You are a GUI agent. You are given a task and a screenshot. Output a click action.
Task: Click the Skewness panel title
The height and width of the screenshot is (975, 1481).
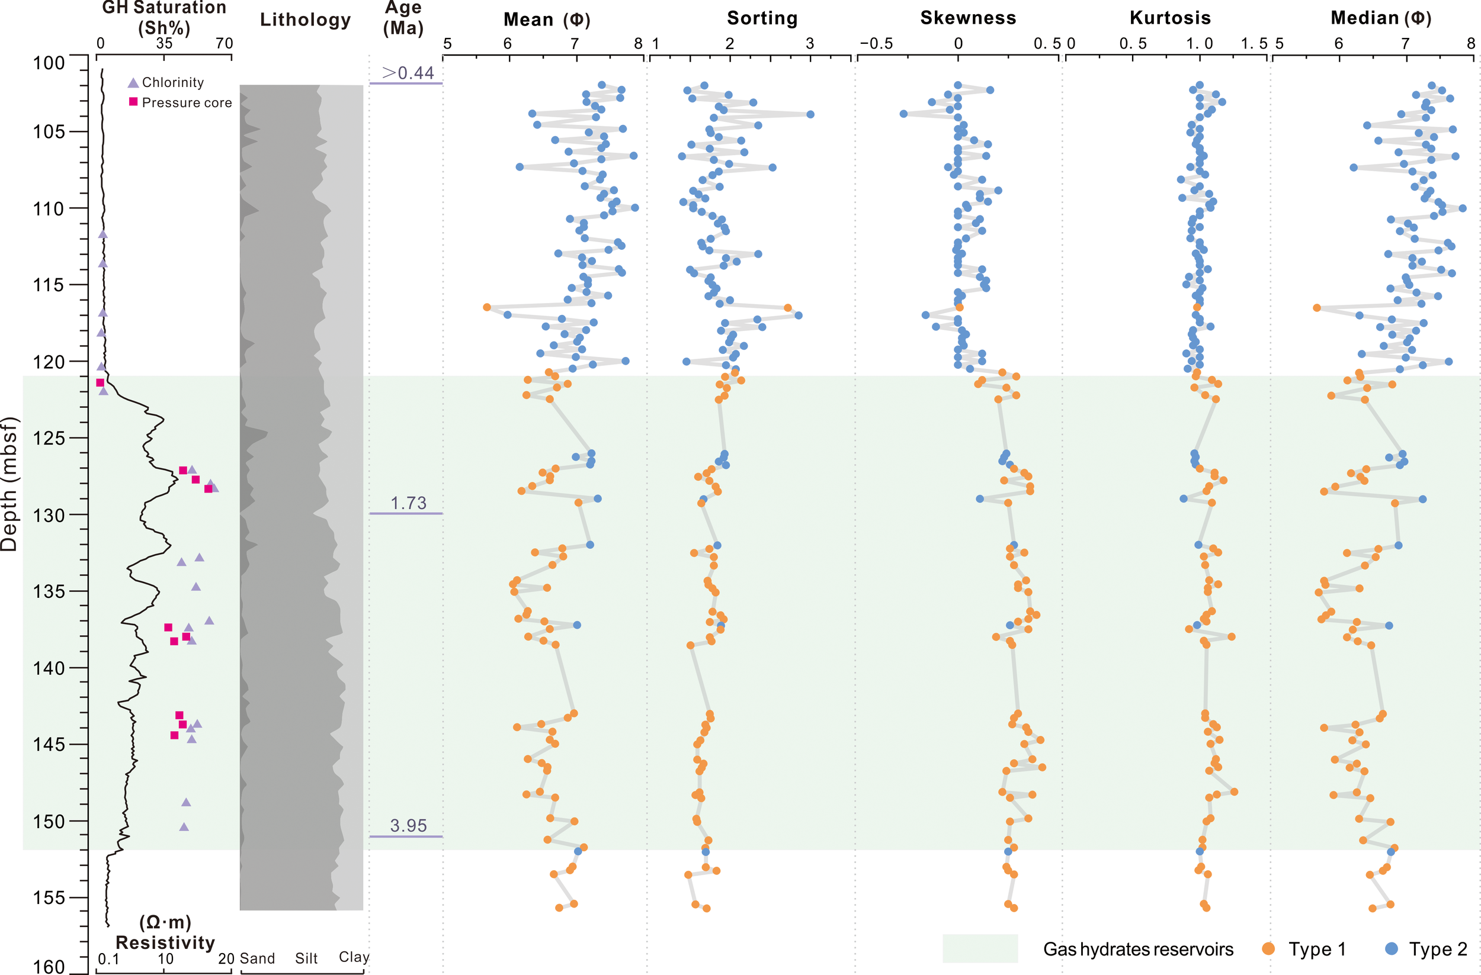[x=967, y=18]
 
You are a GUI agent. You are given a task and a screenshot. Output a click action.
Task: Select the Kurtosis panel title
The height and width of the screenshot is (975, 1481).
[x=1170, y=18]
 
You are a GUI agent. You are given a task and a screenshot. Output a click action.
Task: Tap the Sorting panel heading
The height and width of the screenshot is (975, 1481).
[x=762, y=18]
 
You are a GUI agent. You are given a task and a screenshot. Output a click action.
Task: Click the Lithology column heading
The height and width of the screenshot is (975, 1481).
[x=305, y=20]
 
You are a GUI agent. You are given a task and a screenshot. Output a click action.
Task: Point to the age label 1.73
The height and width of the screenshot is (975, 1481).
[x=408, y=503]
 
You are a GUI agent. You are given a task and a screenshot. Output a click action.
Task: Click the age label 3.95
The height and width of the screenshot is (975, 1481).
[x=408, y=825]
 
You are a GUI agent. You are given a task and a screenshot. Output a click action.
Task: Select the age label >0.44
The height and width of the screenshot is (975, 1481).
[x=408, y=73]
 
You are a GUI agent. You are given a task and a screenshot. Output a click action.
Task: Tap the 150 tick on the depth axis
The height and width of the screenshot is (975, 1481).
[x=49, y=822]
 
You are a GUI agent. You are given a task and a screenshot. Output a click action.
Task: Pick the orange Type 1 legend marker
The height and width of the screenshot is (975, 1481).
[x=1268, y=948]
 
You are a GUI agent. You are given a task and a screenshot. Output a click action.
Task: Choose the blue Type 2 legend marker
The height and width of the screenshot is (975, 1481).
[x=1392, y=948]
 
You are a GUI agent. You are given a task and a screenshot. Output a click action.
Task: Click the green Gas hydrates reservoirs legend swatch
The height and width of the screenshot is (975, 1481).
[x=979, y=948]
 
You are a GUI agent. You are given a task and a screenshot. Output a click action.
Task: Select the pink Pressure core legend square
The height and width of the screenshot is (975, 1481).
[x=133, y=101]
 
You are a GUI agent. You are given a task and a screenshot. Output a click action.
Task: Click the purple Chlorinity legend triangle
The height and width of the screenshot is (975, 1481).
[x=133, y=83]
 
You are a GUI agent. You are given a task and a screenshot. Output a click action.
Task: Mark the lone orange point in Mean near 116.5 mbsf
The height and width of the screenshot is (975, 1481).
[x=486, y=307]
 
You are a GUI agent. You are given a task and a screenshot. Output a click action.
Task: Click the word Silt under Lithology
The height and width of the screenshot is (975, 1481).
[x=306, y=958]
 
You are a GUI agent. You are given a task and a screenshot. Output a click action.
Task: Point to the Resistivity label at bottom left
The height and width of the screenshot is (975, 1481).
[x=165, y=942]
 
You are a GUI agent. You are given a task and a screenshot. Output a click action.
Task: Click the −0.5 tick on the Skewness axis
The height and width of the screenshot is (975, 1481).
[x=876, y=44]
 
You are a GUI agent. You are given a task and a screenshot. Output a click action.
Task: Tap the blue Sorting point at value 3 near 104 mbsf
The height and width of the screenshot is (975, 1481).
[x=810, y=114]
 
